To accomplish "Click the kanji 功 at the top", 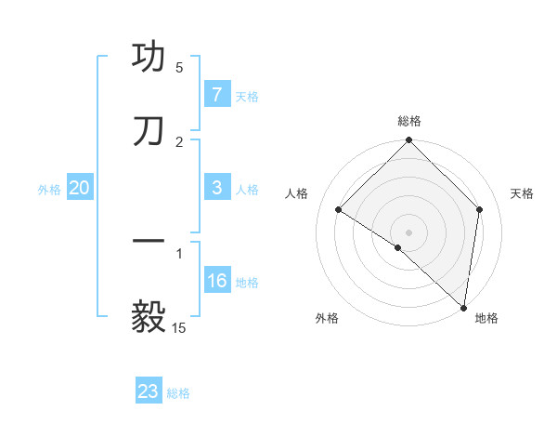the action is (149, 57).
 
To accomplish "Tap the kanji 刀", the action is (149, 130).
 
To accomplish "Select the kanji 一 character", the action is (149, 242).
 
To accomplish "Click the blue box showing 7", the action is (216, 94).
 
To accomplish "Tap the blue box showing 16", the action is (216, 281).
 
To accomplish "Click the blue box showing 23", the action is (149, 391).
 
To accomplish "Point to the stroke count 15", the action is (179, 327).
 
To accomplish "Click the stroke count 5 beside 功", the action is (179, 68).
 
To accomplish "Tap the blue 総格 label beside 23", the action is (179, 393).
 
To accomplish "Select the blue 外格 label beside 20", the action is (49, 190).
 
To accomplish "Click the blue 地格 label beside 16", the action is (247, 283).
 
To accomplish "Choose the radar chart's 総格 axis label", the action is (409, 121).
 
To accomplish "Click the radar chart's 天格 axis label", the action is (522, 193).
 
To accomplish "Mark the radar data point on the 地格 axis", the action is (463, 306).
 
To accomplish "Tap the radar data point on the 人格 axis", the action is (339, 209).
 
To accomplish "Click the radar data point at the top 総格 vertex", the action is (409, 141).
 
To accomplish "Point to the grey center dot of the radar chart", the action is (409, 232).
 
